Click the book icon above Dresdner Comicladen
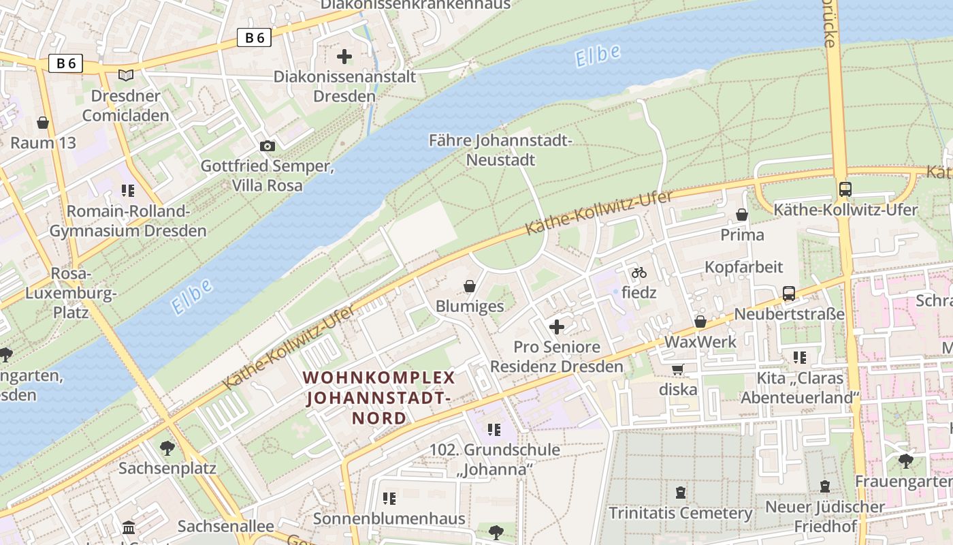126,75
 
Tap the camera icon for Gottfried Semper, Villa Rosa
268,146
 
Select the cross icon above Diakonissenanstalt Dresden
344,56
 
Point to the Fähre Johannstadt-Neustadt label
500,150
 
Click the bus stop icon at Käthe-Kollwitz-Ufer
845,189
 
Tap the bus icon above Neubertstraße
788,294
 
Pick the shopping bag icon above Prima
742,215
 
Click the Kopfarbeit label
743,266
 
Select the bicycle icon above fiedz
639,272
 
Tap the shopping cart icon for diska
677,369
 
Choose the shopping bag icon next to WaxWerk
700,322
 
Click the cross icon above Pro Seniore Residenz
557,327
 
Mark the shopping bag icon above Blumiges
469,285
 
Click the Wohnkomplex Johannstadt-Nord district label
378,398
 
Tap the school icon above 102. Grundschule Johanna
494,429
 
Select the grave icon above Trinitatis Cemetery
680,493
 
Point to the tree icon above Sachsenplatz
167,448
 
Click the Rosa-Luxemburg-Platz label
71,293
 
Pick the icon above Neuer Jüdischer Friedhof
825,486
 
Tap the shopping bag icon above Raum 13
43,123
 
